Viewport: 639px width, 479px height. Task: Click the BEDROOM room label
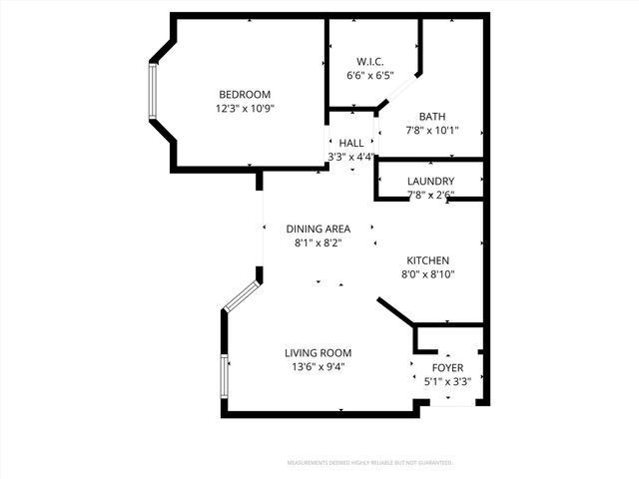[246, 95]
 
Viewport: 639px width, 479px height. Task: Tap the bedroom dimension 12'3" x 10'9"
[246, 109]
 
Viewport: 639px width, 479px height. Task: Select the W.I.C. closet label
[370, 61]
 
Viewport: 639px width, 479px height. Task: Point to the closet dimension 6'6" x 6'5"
[370, 75]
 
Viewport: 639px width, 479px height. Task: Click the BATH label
[432, 116]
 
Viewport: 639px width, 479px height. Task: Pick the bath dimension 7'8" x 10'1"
[432, 131]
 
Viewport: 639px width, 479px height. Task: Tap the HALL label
[351, 143]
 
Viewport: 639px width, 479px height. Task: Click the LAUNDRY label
[431, 181]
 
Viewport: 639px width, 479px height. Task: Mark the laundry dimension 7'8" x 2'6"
[431, 195]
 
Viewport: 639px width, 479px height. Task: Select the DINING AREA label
[318, 229]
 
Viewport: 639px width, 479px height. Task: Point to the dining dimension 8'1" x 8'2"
[318, 242]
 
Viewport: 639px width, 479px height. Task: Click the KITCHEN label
[427, 260]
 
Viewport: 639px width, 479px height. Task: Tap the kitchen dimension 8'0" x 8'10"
[427, 274]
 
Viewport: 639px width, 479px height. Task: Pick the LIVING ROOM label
[318, 352]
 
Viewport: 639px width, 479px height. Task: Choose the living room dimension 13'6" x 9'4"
[318, 366]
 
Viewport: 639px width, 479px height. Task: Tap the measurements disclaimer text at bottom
[369, 463]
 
